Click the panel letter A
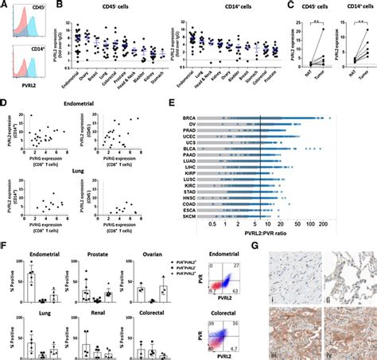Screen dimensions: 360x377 point(4,6)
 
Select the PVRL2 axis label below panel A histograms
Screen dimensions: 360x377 point(30,93)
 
